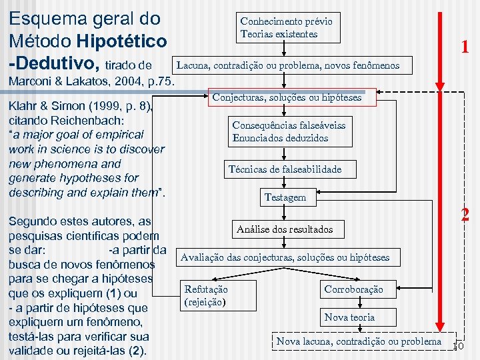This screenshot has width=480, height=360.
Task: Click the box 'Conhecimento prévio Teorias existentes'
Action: [287, 27]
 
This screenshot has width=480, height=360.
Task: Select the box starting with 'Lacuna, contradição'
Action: [287, 65]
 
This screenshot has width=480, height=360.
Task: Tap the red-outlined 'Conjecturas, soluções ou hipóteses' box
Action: [287, 97]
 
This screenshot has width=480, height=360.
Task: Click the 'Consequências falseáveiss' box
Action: [289, 131]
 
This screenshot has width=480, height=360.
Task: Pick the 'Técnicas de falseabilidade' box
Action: [285, 169]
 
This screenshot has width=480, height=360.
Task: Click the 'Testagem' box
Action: [285, 197]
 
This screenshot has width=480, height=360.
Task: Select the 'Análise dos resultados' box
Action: [285, 229]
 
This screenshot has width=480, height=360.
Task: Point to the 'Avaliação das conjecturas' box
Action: [285, 257]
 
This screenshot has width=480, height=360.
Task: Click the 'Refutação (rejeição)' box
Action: [206, 295]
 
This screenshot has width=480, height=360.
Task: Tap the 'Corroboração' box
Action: [353, 289]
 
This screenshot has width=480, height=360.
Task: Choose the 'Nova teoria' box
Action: [349, 317]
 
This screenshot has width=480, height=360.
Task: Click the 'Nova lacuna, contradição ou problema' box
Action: [359, 341]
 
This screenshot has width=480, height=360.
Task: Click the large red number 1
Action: [465, 47]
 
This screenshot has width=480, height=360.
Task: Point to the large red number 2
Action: [465, 215]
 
